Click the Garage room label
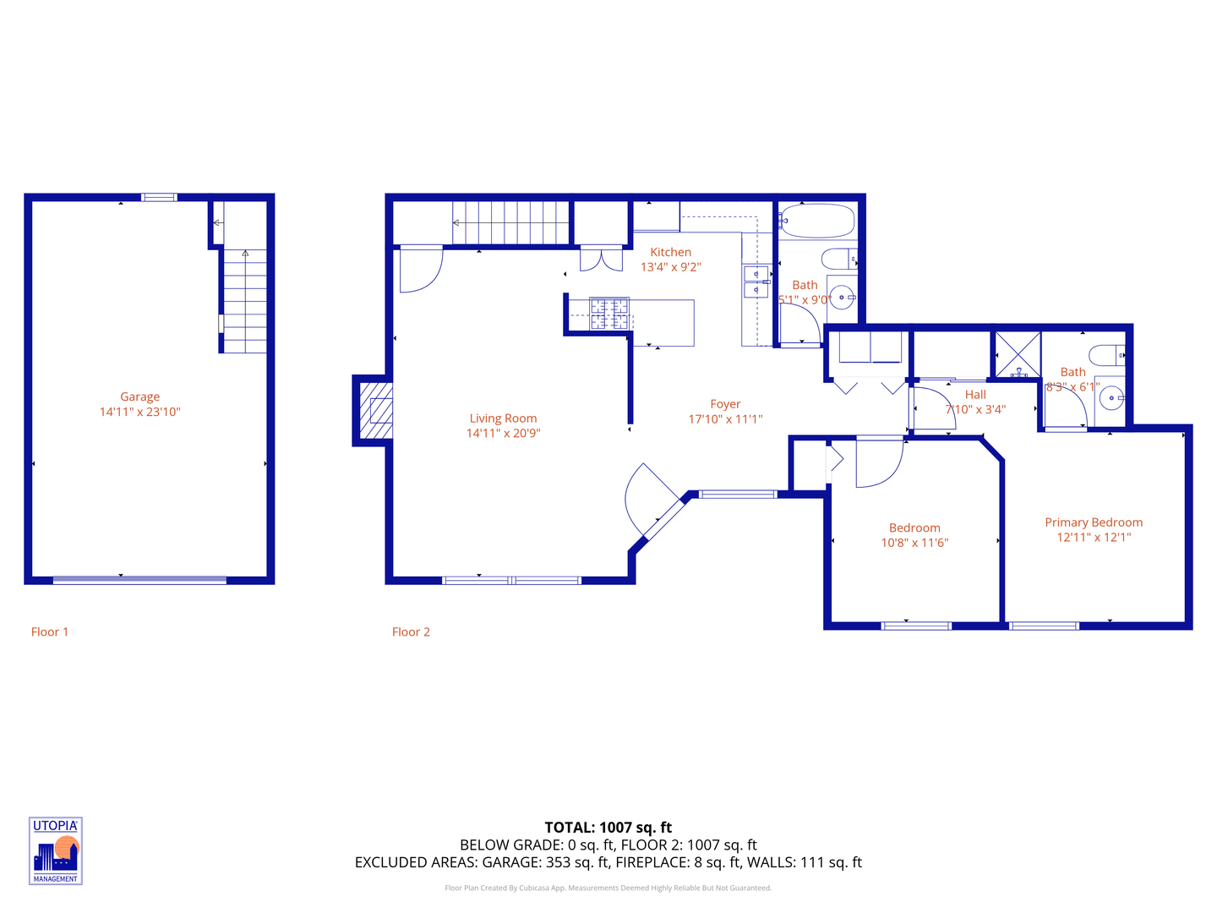tap(139, 396)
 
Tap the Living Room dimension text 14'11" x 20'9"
tap(503, 433)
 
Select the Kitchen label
tap(670, 252)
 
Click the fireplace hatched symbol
tap(376, 410)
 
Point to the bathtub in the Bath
tap(816, 221)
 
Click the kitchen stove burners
tap(609, 314)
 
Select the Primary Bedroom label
tap(1094, 522)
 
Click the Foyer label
tap(725, 404)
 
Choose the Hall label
tap(975, 395)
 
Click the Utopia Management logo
tap(56, 850)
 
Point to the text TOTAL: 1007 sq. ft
tap(608, 828)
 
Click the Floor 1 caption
tap(50, 631)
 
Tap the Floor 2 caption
tap(411, 631)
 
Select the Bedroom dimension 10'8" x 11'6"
tap(914, 543)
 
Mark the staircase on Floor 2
tap(510, 222)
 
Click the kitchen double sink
tap(756, 282)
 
